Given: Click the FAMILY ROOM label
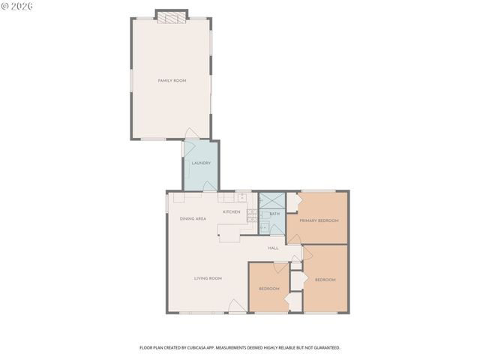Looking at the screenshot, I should (x=172, y=80).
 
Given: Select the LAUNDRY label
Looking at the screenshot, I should (x=201, y=163).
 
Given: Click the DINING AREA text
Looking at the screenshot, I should (x=193, y=218).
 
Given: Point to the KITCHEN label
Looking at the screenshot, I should (x=232, y=212).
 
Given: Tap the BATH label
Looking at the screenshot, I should (x=274, y=214).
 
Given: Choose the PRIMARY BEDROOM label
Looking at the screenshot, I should (x=319, y=220).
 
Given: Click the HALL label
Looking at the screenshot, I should (x=274, y=247).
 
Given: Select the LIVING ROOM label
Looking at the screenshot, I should (x=208, y=278).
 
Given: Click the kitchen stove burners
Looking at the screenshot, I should (x=252, y=216).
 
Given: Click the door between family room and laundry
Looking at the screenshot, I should (x=191, y=133).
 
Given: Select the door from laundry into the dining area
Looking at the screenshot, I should (x=208, y=186).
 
